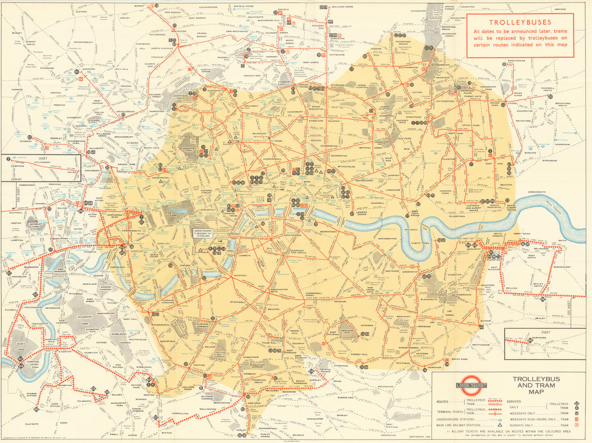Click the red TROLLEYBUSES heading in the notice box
point(520,22)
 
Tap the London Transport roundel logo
point(471,385)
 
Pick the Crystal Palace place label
point(326,370)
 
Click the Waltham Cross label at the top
point(342,7)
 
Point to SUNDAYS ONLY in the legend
point(520,425)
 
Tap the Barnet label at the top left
point(139,6)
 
